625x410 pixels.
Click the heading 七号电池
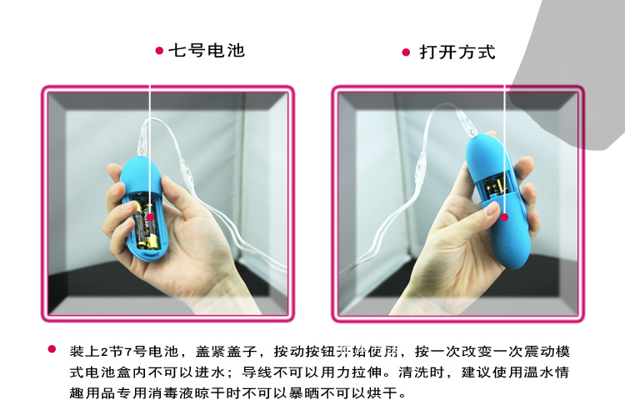tap(207, 51)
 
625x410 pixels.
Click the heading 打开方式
tap(457, 52)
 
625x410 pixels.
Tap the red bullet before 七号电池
tap(159, 51)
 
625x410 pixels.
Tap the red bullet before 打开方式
tap(406, 52)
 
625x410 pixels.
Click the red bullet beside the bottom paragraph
tap(52, 349)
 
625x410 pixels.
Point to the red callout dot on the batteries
tap(150, 217)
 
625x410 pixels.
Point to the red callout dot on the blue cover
tap(505, 217)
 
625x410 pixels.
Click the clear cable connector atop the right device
tap(467, 122)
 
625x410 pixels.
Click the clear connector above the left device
tap(143, 142)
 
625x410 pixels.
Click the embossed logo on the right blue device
tap(507, 252)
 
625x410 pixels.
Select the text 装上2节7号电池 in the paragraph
tap(123, 352)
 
